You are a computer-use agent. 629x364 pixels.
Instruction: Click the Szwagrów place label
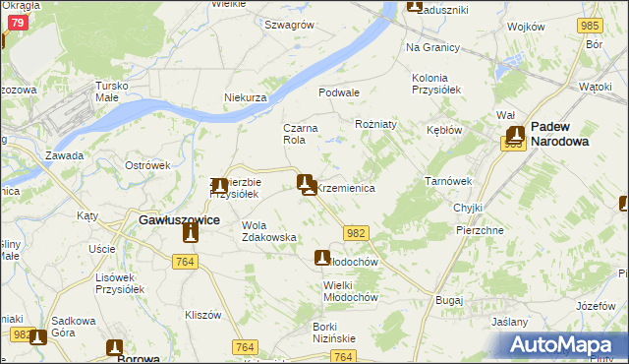[288, 24]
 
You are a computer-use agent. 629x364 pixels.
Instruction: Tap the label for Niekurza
[246, 98]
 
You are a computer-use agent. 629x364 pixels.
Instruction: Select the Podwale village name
[338, 91]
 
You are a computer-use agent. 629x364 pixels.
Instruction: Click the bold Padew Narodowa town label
[573, 134]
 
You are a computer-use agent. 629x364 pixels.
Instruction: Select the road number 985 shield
[590, 25]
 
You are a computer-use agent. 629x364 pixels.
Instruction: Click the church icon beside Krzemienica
[306, 182]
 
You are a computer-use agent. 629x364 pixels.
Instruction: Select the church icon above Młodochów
[321, 258]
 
